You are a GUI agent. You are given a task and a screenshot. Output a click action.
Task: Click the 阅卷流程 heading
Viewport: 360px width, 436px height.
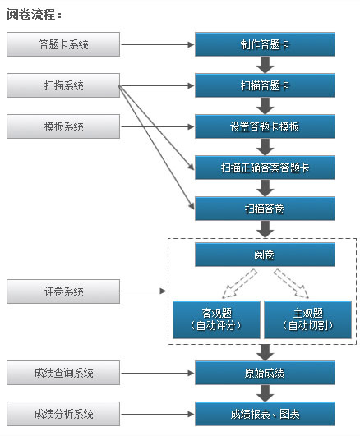pyautogui.click(x=34, y=14)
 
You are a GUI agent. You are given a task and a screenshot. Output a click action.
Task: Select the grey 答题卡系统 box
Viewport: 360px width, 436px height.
pyautogui.click(x=63, y=44)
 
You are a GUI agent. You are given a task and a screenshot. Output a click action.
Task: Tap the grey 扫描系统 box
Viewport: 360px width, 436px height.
pyautogui.click(x=63, y=85)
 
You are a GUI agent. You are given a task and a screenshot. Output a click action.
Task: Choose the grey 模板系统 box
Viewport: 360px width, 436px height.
pyautogui.click(x=63, y=126)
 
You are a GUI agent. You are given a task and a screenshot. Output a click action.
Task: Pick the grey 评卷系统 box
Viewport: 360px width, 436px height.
pyautogui.click(x=63, y=291)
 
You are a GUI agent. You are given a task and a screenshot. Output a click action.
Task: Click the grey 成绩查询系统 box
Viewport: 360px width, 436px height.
pyautogui.click(x=63, y=373)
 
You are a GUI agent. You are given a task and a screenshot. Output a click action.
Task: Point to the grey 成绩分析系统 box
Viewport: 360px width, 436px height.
pyautogui.click(x=63, y=414)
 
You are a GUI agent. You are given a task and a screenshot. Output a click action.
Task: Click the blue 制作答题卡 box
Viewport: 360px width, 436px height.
pyautogui.click(x=265, y=44)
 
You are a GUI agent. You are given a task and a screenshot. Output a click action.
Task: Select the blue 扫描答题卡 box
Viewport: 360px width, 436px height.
pyautogui.click(x=265, y=85)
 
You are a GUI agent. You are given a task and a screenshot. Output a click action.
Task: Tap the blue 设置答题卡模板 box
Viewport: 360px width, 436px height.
pyautogui.click(x=265, y=126)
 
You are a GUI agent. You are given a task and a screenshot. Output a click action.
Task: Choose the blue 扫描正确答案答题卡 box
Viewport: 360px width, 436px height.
pyautogui.click(x=265, y=168)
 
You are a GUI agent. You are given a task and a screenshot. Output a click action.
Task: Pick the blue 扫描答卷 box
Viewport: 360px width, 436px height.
pyautogui.click(x=265, y=209)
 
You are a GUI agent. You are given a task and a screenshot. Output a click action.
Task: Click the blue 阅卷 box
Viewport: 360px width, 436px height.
pyautogui.click(x=265, y=255)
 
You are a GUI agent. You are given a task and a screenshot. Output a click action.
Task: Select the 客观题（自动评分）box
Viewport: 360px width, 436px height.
pyautogui.click(x=216, y=319)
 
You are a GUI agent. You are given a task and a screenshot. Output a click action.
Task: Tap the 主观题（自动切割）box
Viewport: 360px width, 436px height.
pyautogui.click(x=307, y=319)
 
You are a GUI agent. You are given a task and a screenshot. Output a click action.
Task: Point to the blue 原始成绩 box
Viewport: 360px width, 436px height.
pyautogui.click(x=265, y=373)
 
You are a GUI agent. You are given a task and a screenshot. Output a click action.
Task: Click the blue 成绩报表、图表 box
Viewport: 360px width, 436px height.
pyautogui.click(x=265, y=414)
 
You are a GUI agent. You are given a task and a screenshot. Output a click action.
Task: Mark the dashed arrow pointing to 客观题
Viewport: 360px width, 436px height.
pyautogui.click(x=239, y=283)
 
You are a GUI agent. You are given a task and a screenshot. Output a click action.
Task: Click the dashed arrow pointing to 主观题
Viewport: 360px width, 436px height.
pyautogui.click(x=291, y=283)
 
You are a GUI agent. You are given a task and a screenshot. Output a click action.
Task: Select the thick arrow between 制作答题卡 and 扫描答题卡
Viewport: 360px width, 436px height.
pyautogui.click(x=265, y=65)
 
